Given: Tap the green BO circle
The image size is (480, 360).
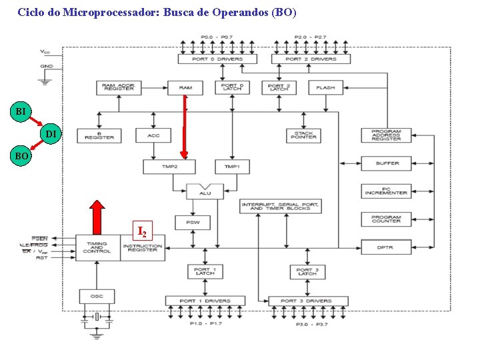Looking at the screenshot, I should (21, 156).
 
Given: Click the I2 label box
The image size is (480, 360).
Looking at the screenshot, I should (142, 231).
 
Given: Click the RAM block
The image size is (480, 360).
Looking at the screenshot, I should (185, 87).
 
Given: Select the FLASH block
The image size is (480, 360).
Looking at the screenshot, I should (325, 87).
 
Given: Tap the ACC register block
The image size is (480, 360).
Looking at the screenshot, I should (153, 135).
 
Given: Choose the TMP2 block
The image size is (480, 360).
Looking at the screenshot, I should (170, 166).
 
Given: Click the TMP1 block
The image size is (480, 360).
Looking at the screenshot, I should (232, 166).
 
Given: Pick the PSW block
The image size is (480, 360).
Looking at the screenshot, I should (193, 222).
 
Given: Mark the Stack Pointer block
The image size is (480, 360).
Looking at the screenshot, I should (303, 135).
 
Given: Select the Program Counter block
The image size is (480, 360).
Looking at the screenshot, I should (387, 219).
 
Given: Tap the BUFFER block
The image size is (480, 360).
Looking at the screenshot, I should (387, 163).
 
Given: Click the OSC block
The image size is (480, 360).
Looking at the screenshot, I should (97, 295).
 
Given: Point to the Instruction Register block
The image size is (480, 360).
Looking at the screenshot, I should (143, 247).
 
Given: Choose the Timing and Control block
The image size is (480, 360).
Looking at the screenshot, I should (97, 247).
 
